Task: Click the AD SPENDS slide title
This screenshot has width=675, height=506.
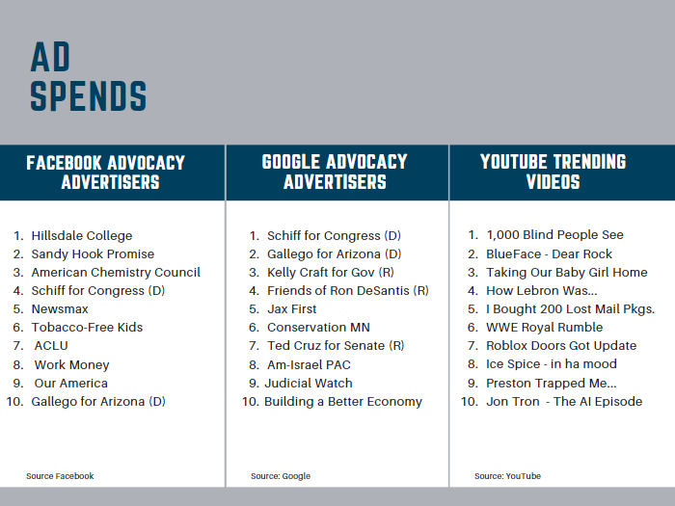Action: point(88,77)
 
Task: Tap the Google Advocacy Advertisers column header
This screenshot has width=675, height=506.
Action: point(335,172)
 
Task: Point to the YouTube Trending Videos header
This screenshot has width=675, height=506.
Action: point(553,172)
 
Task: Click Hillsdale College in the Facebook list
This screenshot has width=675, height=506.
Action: point(82,235)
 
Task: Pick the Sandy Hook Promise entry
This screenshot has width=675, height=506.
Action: point(93,254)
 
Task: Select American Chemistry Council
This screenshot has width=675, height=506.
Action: point(116,273)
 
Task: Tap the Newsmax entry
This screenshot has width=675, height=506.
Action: point(60,309)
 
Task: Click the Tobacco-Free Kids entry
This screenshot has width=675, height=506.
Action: point(87,328)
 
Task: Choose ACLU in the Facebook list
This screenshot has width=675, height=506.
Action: point(51,346)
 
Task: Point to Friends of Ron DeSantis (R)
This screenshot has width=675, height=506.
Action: point(347,291)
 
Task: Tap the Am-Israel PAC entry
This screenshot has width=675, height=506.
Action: point(309,364)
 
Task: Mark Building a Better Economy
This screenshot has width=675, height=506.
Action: point(343,402)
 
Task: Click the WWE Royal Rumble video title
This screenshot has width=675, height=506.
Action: point(544,328)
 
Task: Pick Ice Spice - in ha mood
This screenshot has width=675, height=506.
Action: point(551,364)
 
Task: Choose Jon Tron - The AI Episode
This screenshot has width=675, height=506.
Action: point(563,402)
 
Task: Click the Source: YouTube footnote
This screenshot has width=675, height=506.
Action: point(507,476)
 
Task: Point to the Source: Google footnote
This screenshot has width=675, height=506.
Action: point(281,476)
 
